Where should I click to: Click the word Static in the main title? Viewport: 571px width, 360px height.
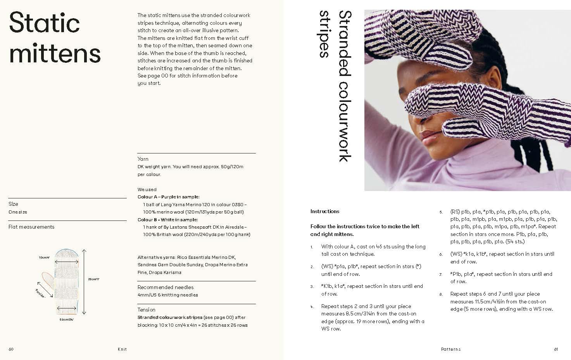[44, 23]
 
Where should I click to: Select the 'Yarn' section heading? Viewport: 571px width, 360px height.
[143, 159]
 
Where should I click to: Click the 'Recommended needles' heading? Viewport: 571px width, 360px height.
[165, 287]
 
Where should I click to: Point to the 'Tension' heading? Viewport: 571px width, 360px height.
[146, 310]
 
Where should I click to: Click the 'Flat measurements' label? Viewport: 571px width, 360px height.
[31, 227]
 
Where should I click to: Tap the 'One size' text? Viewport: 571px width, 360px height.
[18, 212]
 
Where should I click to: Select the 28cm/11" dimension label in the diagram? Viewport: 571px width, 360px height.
[93, 279]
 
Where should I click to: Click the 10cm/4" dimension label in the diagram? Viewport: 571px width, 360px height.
[44, 257]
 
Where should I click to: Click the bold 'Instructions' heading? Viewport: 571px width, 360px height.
[324, 211]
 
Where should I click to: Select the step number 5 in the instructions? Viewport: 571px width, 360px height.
[441, 212]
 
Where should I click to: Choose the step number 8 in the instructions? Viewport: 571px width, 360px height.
[441, 294]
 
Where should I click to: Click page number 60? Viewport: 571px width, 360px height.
[11, 349]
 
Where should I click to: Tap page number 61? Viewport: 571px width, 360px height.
[555, 349]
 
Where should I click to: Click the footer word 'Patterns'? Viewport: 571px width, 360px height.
[450, 349]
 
